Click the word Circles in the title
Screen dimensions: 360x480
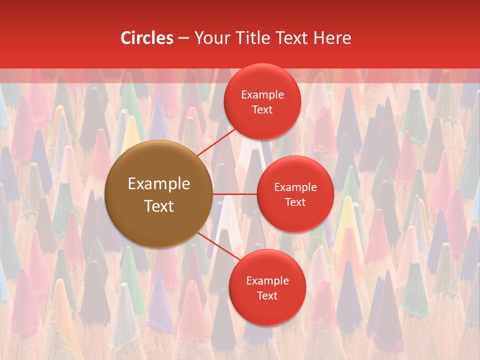pos(146,38)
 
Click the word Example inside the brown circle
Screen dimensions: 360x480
pos(159,184)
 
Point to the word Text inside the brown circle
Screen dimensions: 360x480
pos(159,206)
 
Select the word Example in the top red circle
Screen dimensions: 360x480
pos(262,94)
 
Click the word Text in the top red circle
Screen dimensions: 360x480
pos(262,109)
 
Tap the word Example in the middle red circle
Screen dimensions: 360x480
pos(295,187)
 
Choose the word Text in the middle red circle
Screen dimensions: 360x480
pos(295,202)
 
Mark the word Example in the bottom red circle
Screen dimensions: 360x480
pos(267,280)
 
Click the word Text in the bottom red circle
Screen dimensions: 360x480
pos(267,295)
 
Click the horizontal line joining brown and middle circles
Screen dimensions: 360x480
pos(234,194)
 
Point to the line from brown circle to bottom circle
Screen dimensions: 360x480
pos(218,246)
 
